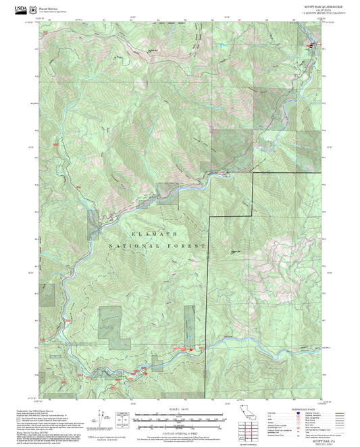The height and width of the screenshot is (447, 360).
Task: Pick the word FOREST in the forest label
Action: (188, 246)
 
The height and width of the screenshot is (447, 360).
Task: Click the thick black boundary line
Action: (252, 196)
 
